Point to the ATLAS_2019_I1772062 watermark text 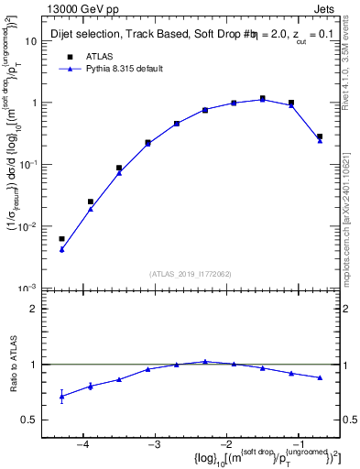pyautogui.click(x=191, y=273)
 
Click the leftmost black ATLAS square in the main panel pyautogui.click(x=61, y=239)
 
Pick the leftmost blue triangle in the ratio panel pyautogui.click(x=61, y=397)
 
